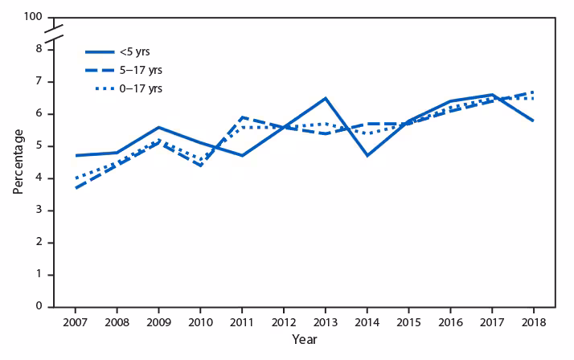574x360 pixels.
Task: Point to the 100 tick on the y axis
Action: coord(32,17)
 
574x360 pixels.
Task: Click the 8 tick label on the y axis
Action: coord(39,50)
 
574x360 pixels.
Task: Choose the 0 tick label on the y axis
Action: coord(39,307)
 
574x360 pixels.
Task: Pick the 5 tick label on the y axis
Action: coord(39,146)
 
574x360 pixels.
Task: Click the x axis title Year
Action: coord(304,339)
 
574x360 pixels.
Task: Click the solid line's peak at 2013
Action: coord(325,98)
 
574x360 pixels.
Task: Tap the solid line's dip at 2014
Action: coord(367,155)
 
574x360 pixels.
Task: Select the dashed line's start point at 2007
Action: coord(76,188)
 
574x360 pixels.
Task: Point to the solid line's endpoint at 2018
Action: coord(532,121)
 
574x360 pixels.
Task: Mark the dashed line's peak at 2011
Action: coord(242,117)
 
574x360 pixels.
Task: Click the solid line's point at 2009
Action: coord(158,127)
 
